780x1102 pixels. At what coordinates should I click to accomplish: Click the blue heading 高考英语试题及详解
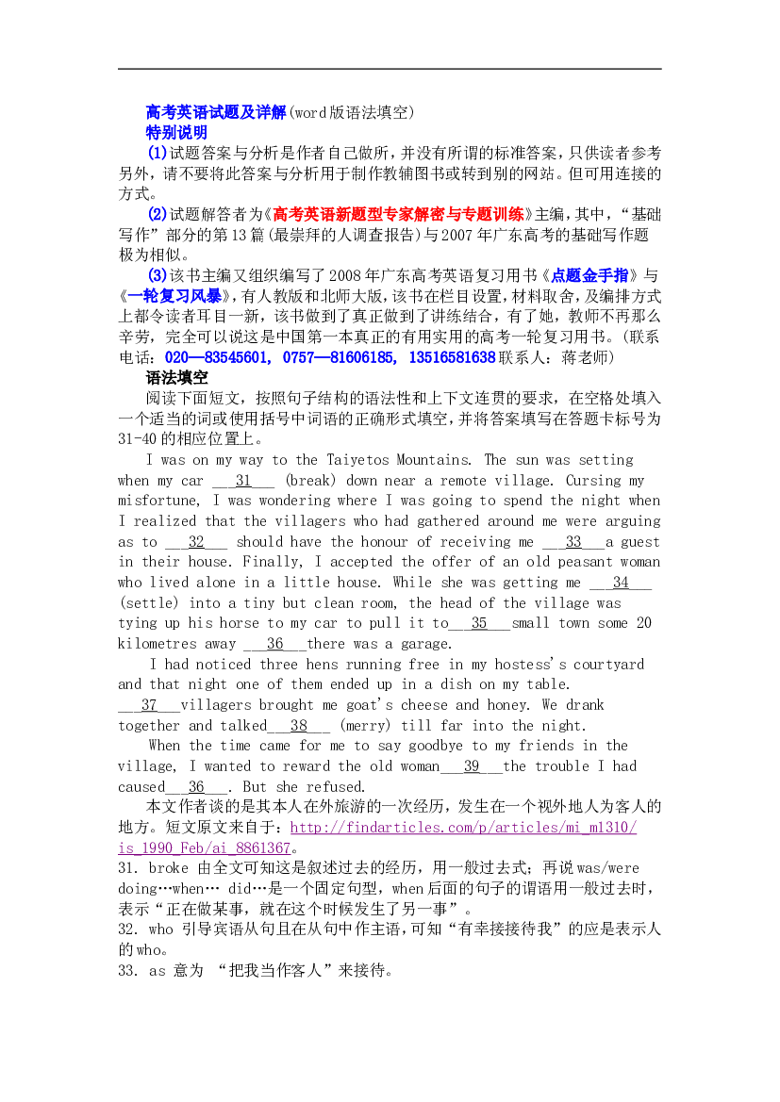[216, 112]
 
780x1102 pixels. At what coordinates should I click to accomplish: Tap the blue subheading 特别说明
[176, 133]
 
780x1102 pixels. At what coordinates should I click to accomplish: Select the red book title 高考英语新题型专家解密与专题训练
[399, 214]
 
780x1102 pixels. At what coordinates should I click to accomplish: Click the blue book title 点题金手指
[589, 275]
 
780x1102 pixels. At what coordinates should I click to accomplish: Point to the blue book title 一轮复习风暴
[175, 296]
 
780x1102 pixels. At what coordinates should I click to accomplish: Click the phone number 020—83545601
[217, 357]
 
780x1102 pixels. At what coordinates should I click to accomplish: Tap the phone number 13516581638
[452, 357]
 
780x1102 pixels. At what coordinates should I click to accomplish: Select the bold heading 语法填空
[176, 378]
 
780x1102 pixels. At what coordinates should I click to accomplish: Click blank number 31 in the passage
[243, 481]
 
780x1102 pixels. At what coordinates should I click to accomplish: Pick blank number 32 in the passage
[196, 542]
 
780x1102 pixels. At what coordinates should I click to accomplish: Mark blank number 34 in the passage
[621, 583]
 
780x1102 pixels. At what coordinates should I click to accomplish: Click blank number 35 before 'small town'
[479, 623]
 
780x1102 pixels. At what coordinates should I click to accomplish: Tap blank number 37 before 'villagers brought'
[149, 705]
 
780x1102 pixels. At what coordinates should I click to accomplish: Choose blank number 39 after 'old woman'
[472, 766]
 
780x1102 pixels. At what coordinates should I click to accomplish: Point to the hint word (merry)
[365, 725]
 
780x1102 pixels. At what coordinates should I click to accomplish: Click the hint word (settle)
[148, 603]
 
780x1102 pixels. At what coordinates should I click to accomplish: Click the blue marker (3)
[158, 275]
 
